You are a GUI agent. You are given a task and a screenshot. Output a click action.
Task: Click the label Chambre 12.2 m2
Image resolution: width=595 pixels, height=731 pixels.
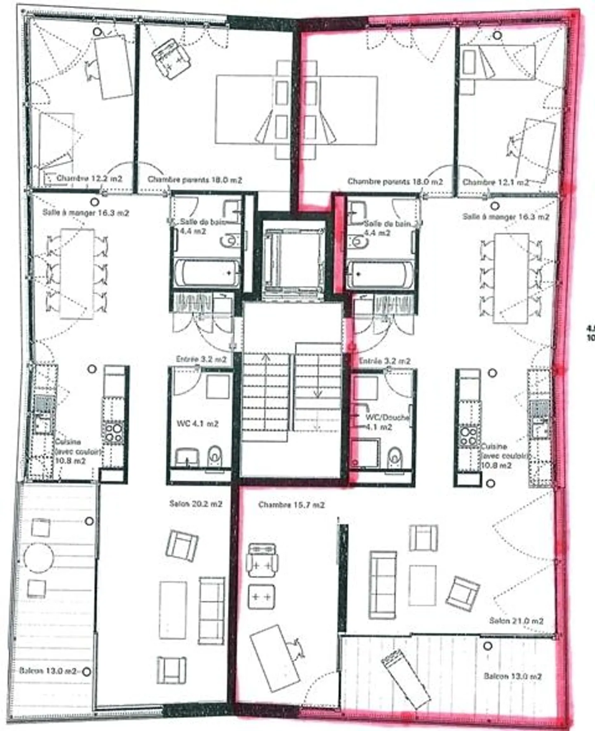(89, 179)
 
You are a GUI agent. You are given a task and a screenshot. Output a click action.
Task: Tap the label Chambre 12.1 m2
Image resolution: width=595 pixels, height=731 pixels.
(495, 182)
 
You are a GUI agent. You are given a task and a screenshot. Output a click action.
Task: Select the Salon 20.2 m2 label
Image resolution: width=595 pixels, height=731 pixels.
(196, 504)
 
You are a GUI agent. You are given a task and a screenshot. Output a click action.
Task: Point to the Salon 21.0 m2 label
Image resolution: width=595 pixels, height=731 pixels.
(516, 621)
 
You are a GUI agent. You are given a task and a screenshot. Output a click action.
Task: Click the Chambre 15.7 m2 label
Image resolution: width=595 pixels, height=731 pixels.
(291, 505)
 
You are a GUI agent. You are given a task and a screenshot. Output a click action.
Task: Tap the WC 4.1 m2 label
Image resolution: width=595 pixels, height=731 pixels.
(198, 424)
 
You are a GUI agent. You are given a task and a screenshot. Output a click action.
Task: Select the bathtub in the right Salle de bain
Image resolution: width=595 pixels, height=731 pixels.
(380, 274)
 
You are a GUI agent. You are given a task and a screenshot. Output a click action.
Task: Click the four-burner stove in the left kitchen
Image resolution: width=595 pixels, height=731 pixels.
(113, 432)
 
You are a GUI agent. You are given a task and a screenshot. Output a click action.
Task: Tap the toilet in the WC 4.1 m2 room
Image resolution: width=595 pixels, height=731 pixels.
(215, 456)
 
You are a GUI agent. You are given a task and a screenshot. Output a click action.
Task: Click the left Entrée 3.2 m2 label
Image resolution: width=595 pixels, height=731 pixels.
(201, 359)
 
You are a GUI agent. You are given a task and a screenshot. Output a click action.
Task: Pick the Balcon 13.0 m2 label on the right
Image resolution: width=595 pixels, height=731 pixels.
(512, 676)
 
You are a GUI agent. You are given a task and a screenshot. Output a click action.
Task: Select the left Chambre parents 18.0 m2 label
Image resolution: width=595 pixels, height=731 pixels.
(195, 180)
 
